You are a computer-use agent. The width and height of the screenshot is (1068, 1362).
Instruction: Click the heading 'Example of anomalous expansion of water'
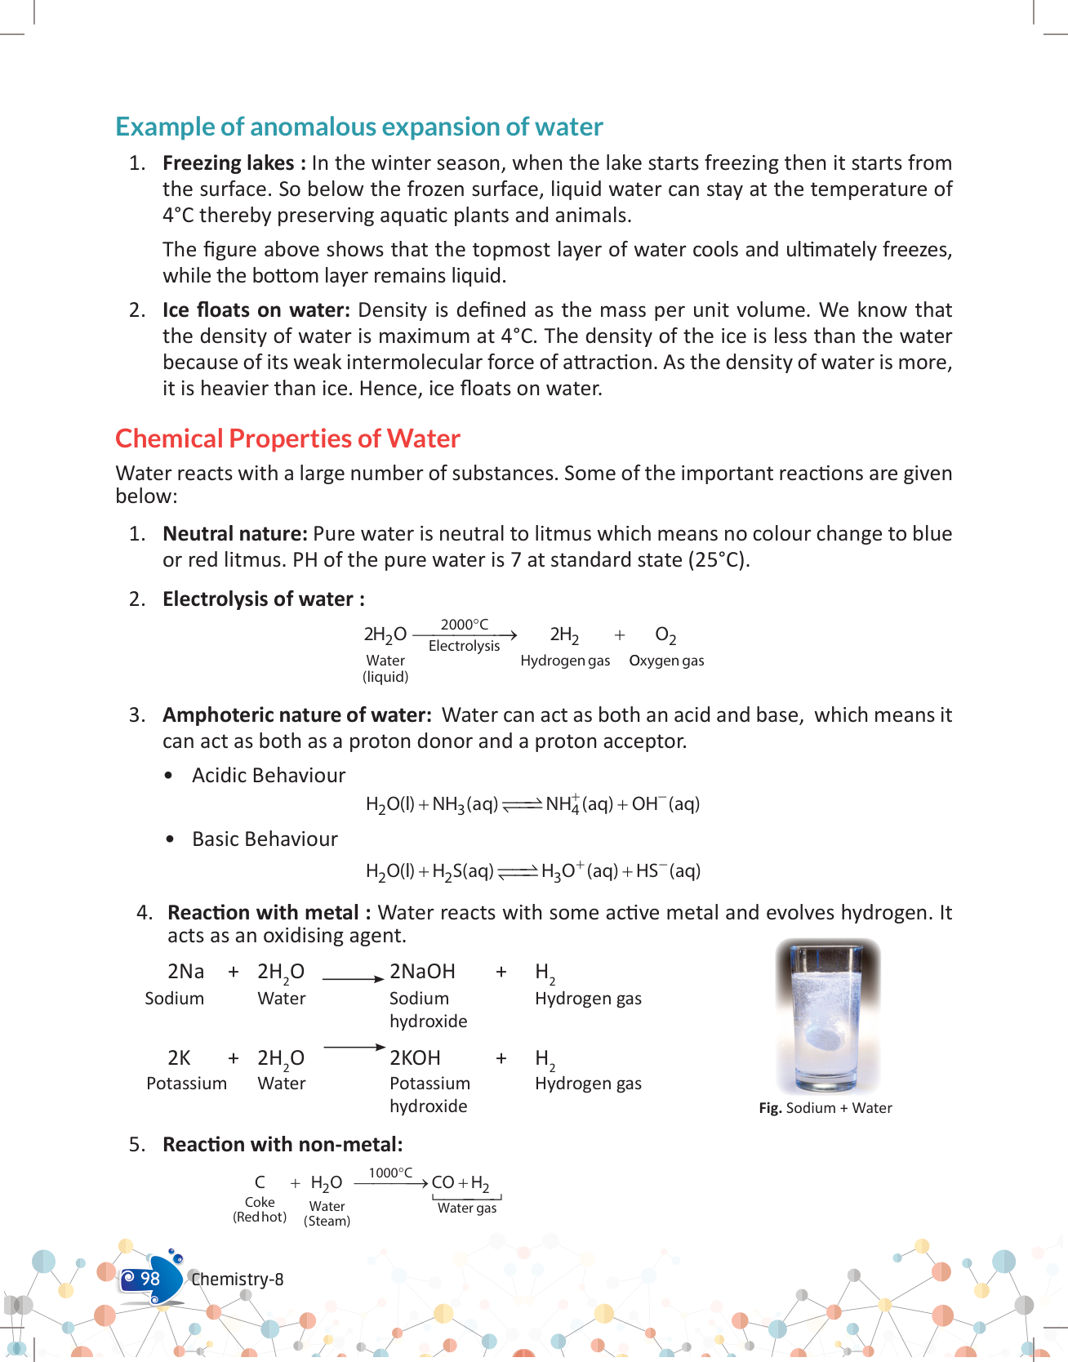[358, 127]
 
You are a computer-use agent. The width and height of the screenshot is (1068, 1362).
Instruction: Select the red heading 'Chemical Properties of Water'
[287, 438]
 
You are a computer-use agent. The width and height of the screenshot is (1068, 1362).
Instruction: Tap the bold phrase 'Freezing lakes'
[228, 163]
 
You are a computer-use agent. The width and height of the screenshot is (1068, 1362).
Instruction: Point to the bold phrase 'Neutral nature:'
[234, 534]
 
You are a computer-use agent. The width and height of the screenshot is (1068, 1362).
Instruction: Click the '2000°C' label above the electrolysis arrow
[464, 625]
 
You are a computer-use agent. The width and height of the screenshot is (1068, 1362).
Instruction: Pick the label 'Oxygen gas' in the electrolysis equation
[666, 661]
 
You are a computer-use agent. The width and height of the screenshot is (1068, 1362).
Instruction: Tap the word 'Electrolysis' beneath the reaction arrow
[464, 646]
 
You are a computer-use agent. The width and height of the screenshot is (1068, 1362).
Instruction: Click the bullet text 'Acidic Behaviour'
[269, 776]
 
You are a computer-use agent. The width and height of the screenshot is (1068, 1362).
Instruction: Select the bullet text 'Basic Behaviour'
[265, 839]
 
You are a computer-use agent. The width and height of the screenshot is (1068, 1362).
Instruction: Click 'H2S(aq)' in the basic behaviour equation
[463, 871]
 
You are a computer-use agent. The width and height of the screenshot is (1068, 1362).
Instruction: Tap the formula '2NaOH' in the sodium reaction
[422, 972]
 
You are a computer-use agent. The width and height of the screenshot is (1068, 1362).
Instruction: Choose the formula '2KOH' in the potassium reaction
[415, 1058]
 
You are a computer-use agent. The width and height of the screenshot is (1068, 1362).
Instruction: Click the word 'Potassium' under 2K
[186, 1084]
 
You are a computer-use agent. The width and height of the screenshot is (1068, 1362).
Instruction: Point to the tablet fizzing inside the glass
[824, 1038]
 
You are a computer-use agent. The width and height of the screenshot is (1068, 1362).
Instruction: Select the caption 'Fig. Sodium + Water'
[825, 1108]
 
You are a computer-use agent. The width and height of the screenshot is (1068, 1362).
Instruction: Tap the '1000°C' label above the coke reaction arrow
[390, 1173]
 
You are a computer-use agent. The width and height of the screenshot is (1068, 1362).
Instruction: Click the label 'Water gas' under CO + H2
[466, 1208]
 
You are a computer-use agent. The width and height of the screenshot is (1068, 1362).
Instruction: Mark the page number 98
[150, 1279]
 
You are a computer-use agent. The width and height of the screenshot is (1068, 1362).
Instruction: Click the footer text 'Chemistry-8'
[237, 1280]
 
